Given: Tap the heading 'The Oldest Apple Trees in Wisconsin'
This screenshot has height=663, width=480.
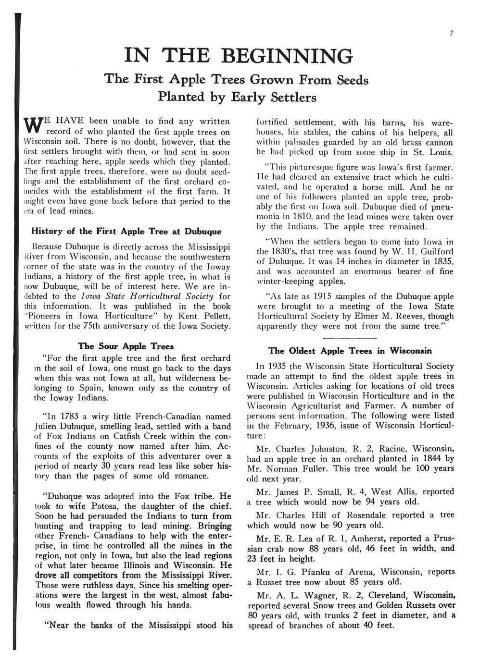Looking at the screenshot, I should (350, 351).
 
